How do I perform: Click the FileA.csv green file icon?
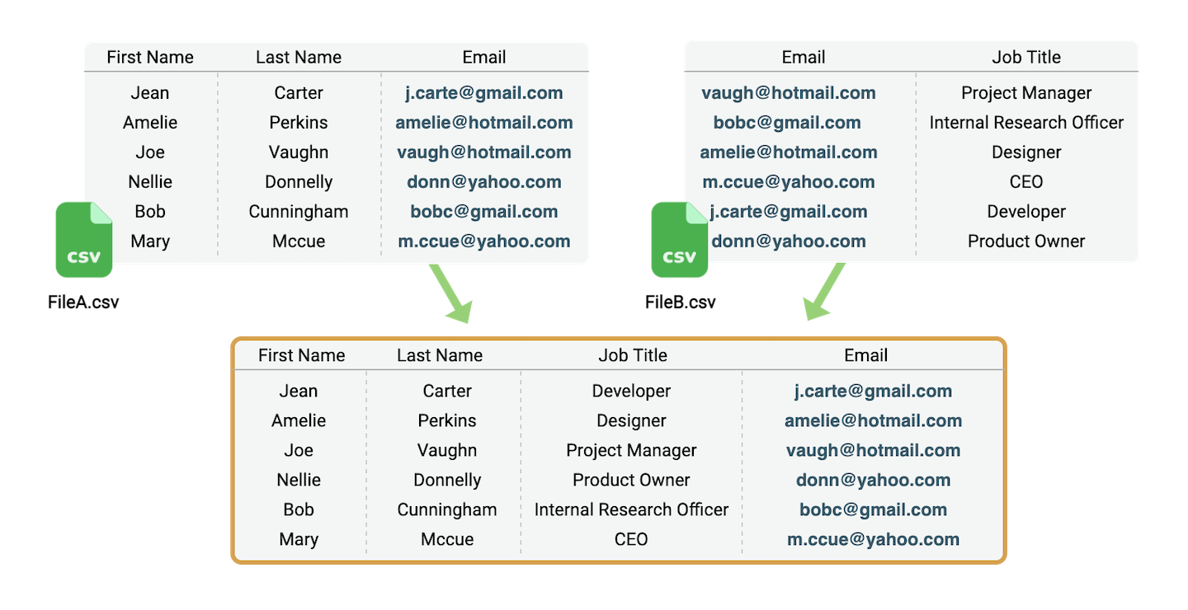click(x=84, y=240)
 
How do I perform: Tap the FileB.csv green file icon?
click(x=680, y=240)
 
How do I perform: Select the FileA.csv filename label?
click(x=83, y=302)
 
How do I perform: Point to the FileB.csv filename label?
click(x=681, y=302)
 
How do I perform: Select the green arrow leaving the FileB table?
click(x=823, y=292)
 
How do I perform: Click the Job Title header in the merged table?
click(x=633, y=355)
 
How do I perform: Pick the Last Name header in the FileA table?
click(x=299, y=57)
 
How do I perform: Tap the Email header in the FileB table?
click(x=804, y=57)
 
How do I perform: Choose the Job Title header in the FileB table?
click(x=1026, y=57)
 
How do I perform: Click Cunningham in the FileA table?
click(x=299, y=212)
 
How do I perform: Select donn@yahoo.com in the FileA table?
click(x=484, y=182)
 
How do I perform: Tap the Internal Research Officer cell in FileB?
click(x=1026, y=123)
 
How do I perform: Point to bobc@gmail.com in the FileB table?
click(x=787, y=123)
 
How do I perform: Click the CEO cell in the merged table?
click(x=631, y=539)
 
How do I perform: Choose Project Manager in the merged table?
click(x=631, y=450)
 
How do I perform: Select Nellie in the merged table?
click(x=299, y=480)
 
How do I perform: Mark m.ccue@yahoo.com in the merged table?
click(x=873, y=539)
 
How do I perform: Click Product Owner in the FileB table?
click(x=1026, y=242)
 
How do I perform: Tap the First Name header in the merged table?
click(x=302, y=355)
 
